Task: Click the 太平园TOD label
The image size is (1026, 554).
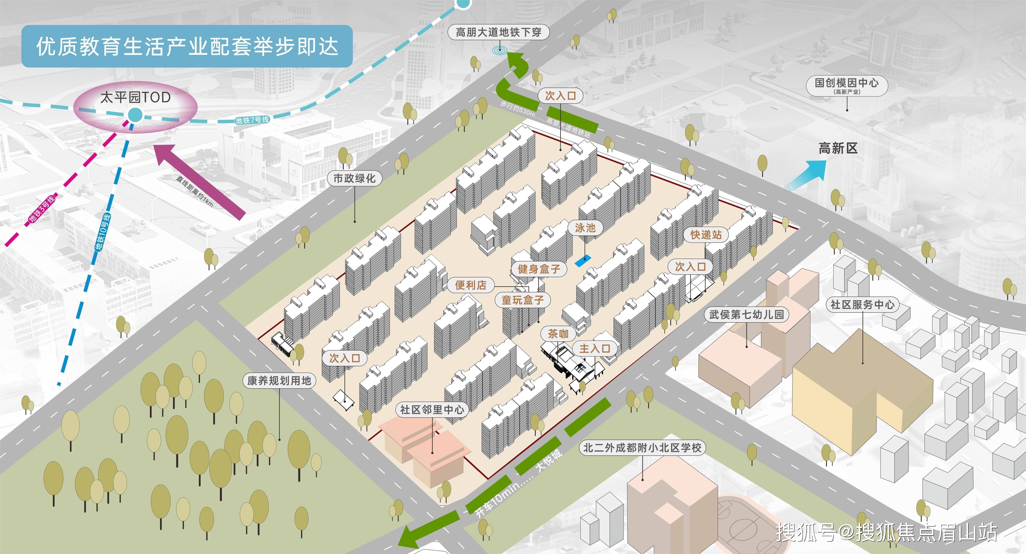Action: pyautogui.click(x=135, y=97)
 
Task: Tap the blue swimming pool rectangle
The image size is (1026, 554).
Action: pyautogui.click(x=583, y=261)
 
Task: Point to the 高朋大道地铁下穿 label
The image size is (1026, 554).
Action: pyautogui.click(x=498, y=32)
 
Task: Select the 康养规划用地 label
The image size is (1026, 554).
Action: pyautogui.click(x=279, y=381)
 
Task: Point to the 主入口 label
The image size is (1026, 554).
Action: pyautogui.click(x=595, y=349)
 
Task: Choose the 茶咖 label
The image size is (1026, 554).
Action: pyautogui.click(x=558, y=333)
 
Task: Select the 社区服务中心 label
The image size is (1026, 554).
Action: pyautogui.click(x=862, y=304)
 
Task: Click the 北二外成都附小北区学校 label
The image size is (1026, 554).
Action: pyautogui.click(x=642, y=448)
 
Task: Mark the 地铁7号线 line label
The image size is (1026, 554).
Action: pyautogui.click(x=252, y=120)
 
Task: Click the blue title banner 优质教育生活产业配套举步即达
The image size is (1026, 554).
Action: pyautogui.click(x=187, y=46)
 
